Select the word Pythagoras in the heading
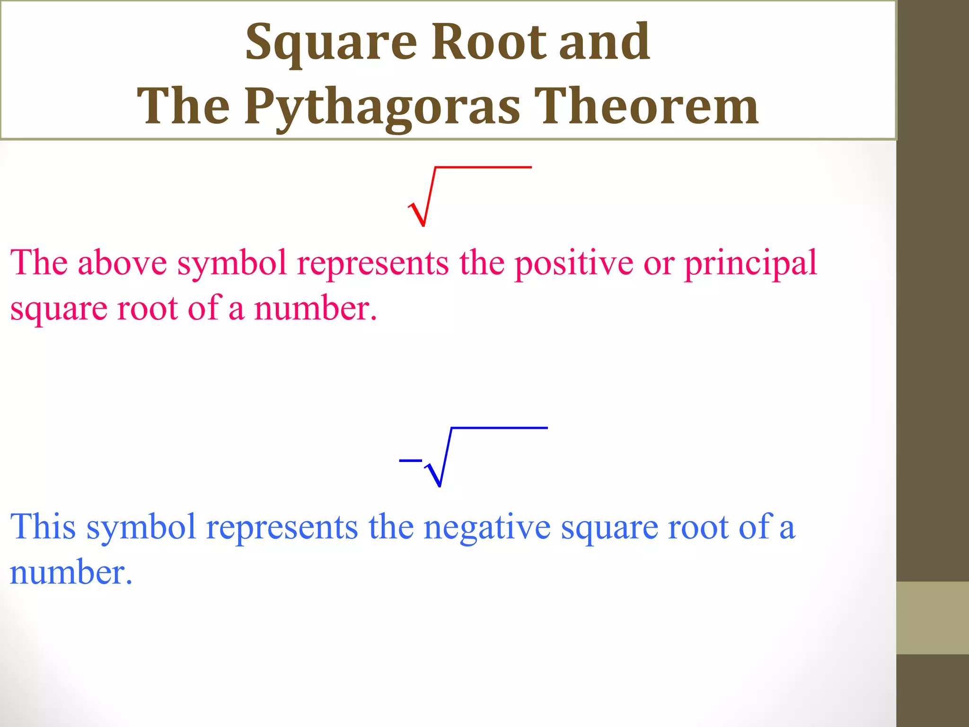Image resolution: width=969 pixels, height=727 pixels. pos(382,108)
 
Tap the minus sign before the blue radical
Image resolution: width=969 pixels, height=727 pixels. pos(410,460)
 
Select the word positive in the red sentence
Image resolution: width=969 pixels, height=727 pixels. pos(573,264)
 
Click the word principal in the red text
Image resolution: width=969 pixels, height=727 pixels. pos(750,264)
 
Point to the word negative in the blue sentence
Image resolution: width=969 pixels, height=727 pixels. pos(487,527)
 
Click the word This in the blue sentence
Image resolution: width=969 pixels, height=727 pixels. pos(43,526)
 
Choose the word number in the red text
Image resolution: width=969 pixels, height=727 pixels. pos(315,309)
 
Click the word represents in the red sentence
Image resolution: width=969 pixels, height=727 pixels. pos(372,264)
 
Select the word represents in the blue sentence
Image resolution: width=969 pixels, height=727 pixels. pos(282,527)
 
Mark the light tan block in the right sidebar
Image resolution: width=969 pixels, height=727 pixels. pos(932,618)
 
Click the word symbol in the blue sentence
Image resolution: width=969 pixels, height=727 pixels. pos(141,527)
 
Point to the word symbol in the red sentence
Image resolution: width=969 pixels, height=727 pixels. pos(232,264)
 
